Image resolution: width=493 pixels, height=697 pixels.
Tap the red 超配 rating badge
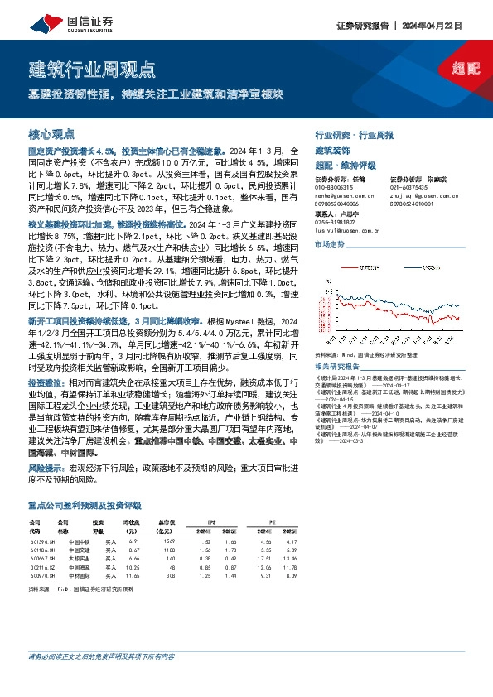tap(466, 69)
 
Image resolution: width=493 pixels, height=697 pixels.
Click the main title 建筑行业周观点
tap(92, 68)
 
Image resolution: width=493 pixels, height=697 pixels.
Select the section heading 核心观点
tap(51, 133)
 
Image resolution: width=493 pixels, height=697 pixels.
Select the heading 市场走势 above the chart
tap(328, 245)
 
